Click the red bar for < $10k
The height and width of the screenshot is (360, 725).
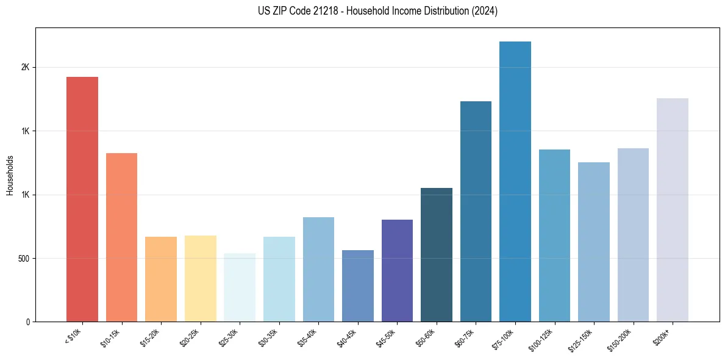(x=82, y=199)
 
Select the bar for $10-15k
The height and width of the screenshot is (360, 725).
(x=121, y=237)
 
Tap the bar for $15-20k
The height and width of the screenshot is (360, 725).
(x=161, y=279)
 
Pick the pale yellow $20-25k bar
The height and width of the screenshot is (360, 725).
(x=201, y=278)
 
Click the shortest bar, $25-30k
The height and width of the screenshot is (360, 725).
(x=240, y=287)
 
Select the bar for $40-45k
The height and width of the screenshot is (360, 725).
(x=358, y=286)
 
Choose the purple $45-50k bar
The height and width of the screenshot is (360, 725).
(x=397, y=270)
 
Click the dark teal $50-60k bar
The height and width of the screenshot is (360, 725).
(x=437, y=254)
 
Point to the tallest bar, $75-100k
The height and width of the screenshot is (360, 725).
(x=515, y=181)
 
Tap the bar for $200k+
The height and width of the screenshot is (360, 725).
(x=673, y=210)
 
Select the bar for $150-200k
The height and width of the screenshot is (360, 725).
(x=633, y=235)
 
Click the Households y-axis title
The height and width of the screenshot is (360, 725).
(x=10, y=175)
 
